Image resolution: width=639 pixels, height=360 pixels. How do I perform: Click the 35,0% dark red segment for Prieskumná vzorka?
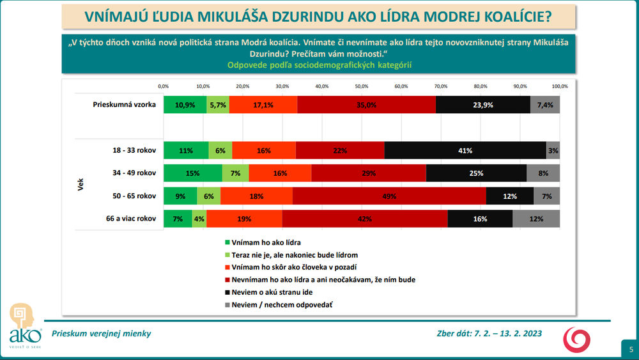click(x=367, y=104)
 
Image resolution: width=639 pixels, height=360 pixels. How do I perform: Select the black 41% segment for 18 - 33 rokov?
click(x=465, y=150)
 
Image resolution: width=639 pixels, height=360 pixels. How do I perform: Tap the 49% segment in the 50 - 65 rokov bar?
click(x=389, y=196)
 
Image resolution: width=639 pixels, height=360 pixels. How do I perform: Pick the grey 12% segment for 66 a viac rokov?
click(x=535, y=219)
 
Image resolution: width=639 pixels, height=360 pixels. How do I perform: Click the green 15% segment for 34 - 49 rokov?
click(x=192, y=173)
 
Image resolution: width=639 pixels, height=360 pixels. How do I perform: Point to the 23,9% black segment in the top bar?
click(x=483, y=104)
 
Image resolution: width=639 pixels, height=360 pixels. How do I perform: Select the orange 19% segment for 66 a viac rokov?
click(x=244, y=219)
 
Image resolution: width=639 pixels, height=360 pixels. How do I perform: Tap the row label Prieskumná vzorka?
click(x=125, y=104)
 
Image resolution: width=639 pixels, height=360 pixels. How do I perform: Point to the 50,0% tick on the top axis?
click(x=361, y=86)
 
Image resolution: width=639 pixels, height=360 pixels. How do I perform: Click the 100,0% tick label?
click(x=560, y=86)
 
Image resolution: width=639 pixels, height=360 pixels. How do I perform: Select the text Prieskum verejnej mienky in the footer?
click(x=102, y=333)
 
